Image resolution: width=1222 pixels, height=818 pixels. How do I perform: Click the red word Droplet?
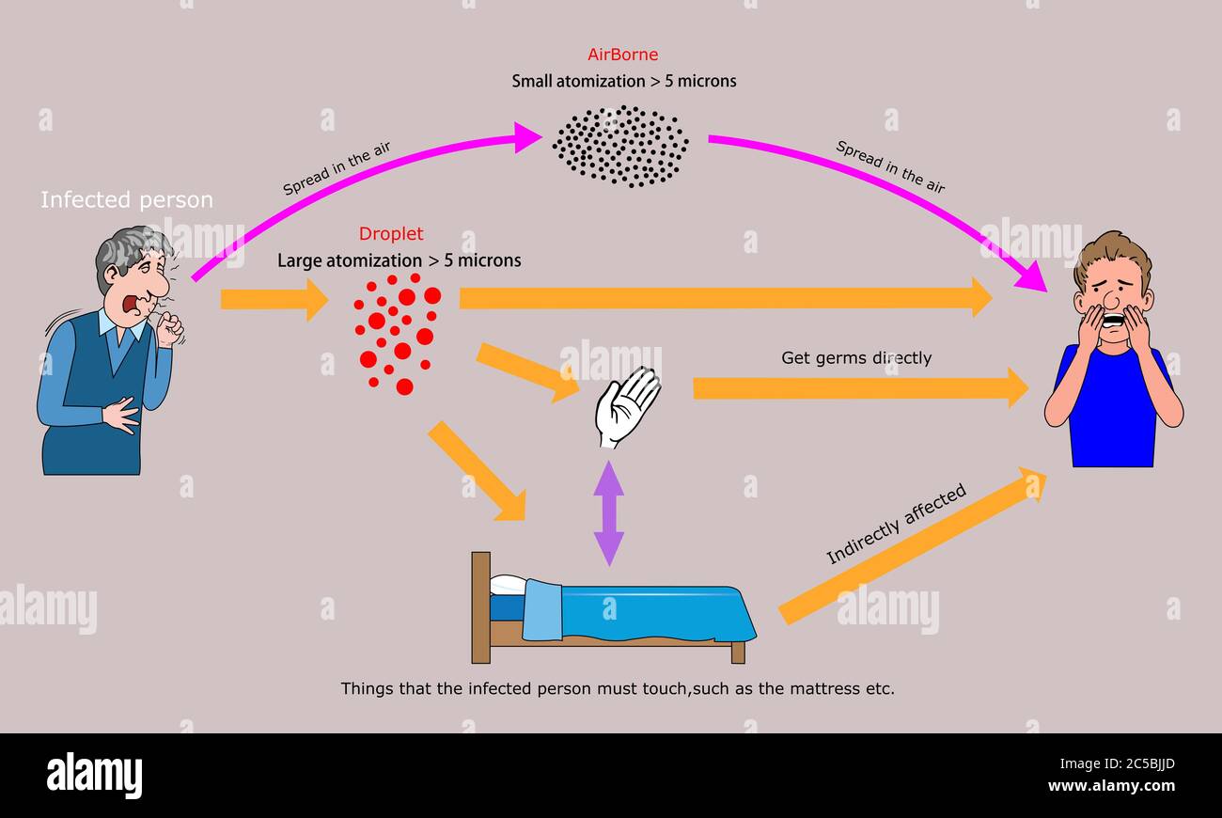point(391,234)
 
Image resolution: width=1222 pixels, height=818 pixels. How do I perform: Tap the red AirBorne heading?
point(622,55)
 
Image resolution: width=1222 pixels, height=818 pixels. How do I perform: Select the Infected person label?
point(127,200)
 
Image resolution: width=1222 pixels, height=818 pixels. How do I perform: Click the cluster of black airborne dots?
point(620,146)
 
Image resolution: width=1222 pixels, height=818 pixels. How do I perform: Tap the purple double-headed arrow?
point(609,512)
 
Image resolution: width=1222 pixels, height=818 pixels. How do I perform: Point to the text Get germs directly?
point(856,358)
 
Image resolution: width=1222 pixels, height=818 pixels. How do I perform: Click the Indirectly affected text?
point(895,525)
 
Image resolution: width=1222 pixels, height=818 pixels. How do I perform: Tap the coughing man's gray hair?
point(127,248)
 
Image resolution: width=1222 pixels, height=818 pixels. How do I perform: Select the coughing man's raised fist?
point(170,329)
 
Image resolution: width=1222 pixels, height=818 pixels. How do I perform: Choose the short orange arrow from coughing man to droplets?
point(274,299)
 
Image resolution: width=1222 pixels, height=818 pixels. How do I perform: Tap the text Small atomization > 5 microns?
point(623,81)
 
